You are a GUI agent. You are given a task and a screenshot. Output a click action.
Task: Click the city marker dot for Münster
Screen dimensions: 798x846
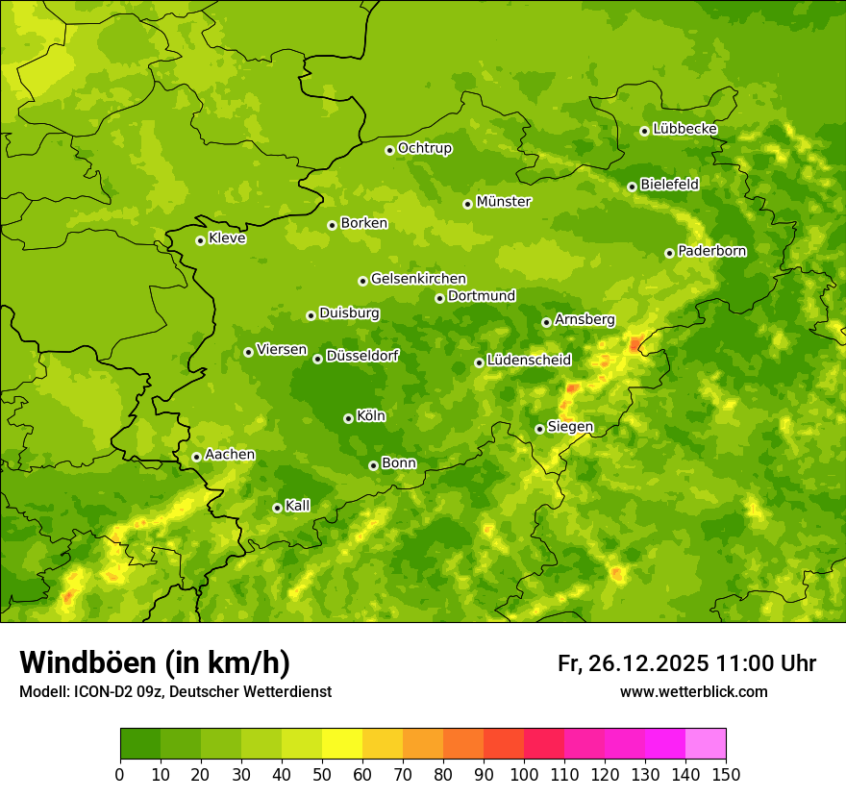click(467, 204)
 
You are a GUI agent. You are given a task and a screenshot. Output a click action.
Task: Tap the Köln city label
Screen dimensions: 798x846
click(370, 416)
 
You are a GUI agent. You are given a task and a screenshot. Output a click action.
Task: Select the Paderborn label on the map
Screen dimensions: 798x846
click(711, 251)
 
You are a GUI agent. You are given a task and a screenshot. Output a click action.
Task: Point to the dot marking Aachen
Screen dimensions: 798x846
click(196, 457)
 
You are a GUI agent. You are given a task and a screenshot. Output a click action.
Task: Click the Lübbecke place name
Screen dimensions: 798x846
click(684, 129)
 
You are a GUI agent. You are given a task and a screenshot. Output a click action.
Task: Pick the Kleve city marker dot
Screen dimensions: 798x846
click(200, 240)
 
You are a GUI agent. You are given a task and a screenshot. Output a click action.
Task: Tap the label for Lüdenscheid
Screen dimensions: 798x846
click(529, 361)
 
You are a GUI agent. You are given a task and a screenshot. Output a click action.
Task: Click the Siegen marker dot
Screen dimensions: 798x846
click(539, 429)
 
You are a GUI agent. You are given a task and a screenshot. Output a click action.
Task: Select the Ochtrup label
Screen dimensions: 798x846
click(424, 148)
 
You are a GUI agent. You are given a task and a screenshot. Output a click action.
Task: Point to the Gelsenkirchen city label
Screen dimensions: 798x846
click(418, 279)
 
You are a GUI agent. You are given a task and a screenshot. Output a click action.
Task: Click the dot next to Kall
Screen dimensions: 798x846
click(277, 508)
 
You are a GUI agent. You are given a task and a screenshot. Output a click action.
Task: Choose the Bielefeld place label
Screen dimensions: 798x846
click(669, 184)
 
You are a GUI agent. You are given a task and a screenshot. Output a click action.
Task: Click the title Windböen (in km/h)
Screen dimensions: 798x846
click(155, 662)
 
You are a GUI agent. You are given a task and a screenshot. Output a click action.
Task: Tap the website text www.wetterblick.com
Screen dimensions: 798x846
click(693, 691)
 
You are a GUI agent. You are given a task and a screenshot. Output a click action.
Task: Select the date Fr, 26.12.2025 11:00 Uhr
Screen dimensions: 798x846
click(686, 663)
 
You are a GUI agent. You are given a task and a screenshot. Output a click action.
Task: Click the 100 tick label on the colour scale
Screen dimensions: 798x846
click(524, 775)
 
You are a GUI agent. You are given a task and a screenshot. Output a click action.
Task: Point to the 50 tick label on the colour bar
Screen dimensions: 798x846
click(322, 775)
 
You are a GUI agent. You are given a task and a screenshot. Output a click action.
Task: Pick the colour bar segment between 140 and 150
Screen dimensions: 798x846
click(706, 743)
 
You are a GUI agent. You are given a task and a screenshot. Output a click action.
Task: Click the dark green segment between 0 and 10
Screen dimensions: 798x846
click(140, 743)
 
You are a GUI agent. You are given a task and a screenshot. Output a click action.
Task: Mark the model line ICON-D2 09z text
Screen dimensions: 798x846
click(175, 692)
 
